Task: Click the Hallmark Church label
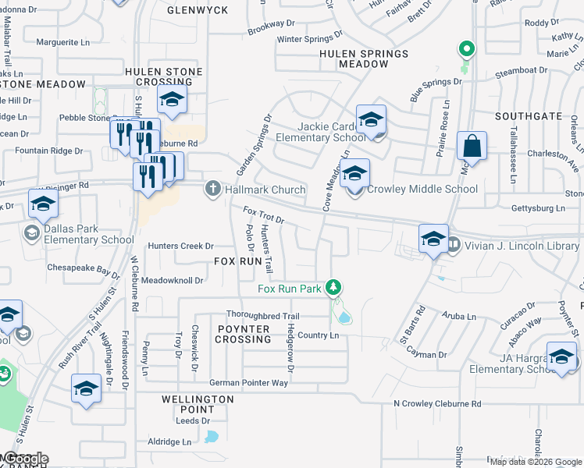tap(265, 190)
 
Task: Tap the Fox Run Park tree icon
tap(334, 288)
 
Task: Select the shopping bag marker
tap(472, 146)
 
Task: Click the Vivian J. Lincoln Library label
tap(522, 246)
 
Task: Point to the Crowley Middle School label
tap(422, 189)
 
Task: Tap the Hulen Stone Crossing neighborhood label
tap(164, 76)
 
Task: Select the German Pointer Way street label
tap(249, 383)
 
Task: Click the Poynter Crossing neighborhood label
tap(243, 334)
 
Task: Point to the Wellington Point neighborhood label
tap(198, 403)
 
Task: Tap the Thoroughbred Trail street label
tap(262, 316)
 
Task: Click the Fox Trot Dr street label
tap(264, 215)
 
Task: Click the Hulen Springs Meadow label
tap(364, 58)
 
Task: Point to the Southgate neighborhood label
tap(529, 116)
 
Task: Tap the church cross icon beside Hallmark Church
tap(212, 189)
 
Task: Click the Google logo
tap(25, 459)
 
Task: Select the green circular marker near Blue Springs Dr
tap(466, 49)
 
